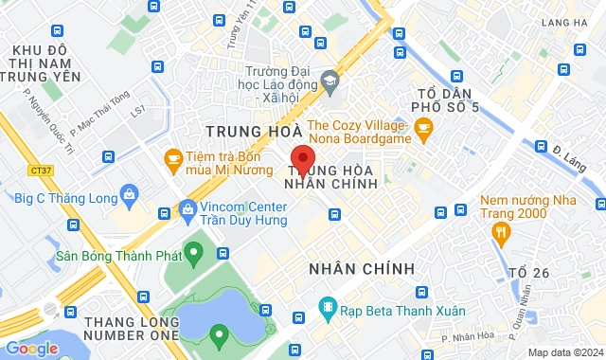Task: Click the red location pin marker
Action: point(302,159)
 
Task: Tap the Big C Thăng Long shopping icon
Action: point(130,194)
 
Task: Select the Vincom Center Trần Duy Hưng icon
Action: point(185,209)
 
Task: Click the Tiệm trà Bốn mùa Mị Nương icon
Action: point(173,157)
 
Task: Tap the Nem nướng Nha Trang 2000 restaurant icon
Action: point(503,230)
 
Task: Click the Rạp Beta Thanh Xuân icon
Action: point(327,306)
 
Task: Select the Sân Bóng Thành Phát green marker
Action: point(194,253)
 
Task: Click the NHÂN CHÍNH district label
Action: point(362,269)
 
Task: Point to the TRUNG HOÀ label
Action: point(254,130)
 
